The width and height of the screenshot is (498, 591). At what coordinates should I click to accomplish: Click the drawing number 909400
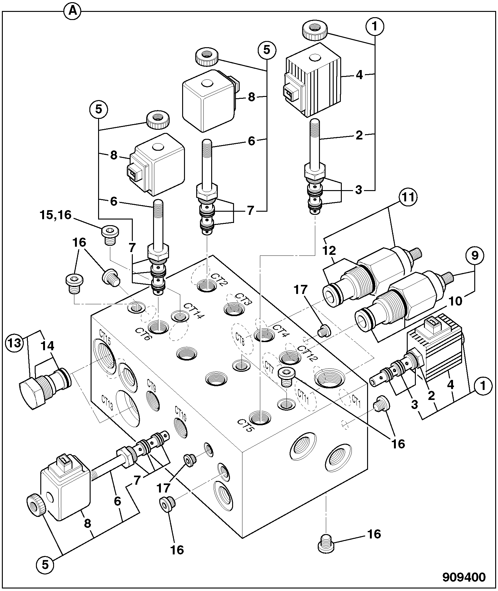tap(464, 577)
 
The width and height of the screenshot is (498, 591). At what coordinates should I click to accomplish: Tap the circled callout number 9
tap(475, 256)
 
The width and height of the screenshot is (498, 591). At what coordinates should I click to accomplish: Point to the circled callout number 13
tap(15, 343)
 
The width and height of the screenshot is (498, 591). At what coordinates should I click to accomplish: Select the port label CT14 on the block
tap(194, 310)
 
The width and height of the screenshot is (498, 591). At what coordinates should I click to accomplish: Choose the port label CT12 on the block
tap(307, 353)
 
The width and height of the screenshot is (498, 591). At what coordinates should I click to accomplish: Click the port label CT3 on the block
tap(243, 299)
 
